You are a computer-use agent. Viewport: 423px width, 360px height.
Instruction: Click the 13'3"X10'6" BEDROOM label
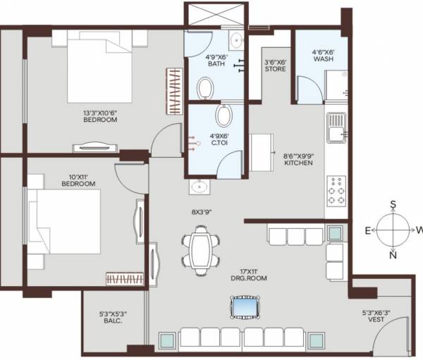click(98, 115)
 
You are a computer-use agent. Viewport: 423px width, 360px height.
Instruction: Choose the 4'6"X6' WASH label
click(324, 56)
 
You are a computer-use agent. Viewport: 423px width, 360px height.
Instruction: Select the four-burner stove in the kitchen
click(336, 190)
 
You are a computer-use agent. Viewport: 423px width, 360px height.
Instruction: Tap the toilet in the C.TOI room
click(223, 115)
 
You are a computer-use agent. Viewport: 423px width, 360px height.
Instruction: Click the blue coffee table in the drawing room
click(245, 307)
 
